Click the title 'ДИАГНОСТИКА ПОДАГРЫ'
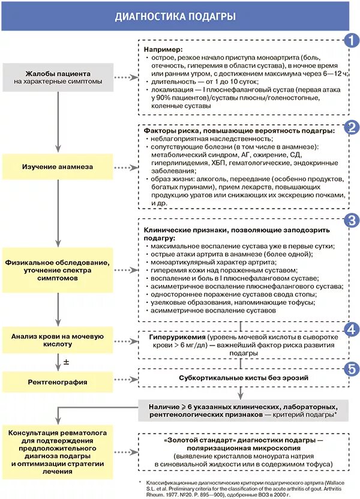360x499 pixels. click(175, 16)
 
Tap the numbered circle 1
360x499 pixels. click(350, 41)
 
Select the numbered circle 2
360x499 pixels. click(350, 127)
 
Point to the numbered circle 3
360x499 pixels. click(350, 220)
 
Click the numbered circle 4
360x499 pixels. click(350, 329)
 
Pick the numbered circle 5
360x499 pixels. click(350, 368)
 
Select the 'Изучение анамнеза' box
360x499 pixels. click(58, 166)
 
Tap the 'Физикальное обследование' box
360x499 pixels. click(58, 271)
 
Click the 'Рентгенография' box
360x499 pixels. click(58, 381)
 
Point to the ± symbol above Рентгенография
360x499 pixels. click(67, 362)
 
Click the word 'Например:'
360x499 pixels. click(163, 49)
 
